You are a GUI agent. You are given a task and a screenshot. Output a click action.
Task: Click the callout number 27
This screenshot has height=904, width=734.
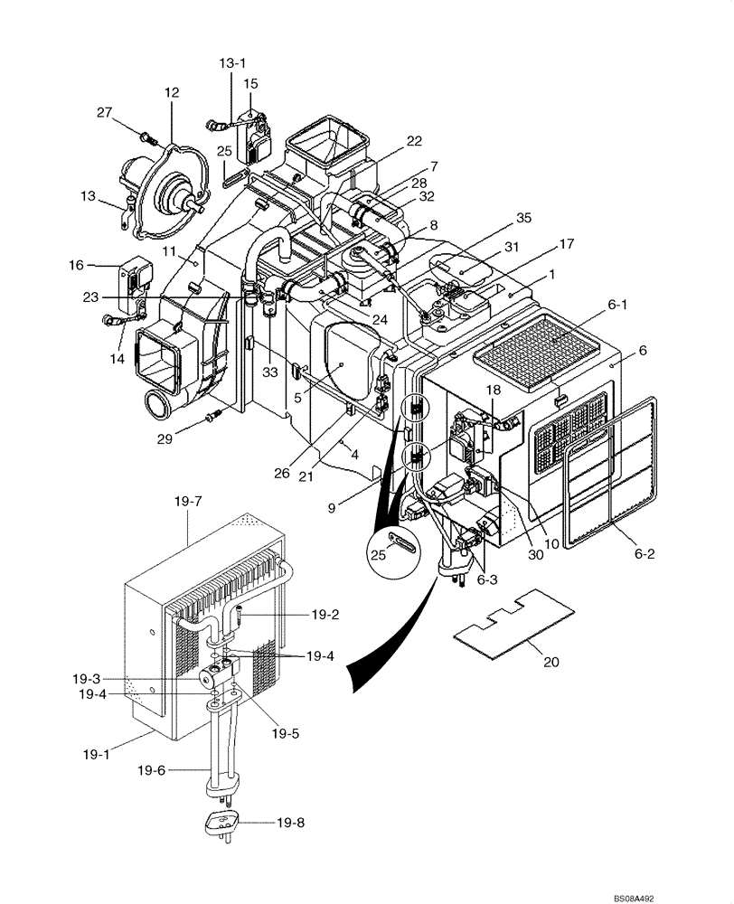105,112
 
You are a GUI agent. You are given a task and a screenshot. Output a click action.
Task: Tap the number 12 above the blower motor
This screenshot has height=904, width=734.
172,92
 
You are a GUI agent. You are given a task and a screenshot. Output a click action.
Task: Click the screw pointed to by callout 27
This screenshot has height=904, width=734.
146,137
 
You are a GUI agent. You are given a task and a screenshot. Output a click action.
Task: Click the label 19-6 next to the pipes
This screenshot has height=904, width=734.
153,770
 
